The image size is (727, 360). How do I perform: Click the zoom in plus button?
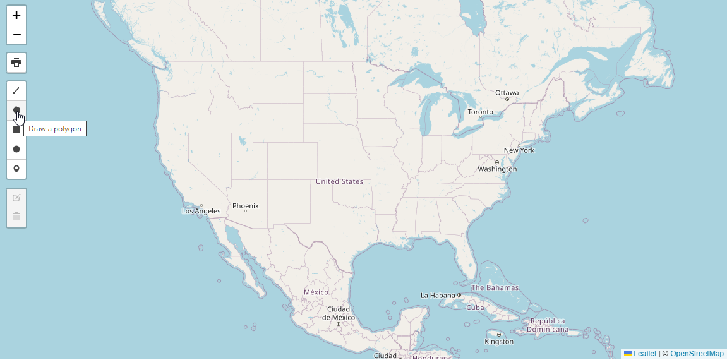pyautogui.click(x=16, y=15)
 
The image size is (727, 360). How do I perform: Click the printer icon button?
pyautogui.click(x=16, y=63)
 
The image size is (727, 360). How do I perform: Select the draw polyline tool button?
pyautogui.click(x=16, y=90)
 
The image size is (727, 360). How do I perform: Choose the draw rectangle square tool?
pyautogui.click(x=16, y=129)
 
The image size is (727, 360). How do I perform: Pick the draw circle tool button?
pyautogui.click(x=16, y=149)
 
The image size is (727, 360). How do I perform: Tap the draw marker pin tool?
pyautogui.click(x=16, y=169)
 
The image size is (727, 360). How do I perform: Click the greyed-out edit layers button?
pyautogui.click(x=16, y=198)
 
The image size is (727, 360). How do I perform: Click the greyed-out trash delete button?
pyautogui.click(x=16, y=217)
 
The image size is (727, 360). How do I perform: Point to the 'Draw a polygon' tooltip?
pyautogui.click(x=55, y=129)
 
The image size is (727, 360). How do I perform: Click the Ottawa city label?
pyautogui.click(x=507, y=93)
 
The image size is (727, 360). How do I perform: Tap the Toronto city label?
pyautogui.click(x=480, y=112)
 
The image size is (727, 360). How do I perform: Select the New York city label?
pyautogui.click(x=519, y=150)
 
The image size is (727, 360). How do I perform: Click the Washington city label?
pyautogui.click(x=497, y=169)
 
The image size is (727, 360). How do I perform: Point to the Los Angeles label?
pyautogui.click(x=201, y=211)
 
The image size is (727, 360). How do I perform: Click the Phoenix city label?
pyautogui.click(x=245, y=206)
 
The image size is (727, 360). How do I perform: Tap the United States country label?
pyautogui.click(x=339, y=181)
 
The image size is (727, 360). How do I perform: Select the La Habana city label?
pyautogui.click(x=438, y=296)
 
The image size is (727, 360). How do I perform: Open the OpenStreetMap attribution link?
pyautogui.click(x=697, y=354)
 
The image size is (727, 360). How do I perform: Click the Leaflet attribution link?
pyautogui.click(x=645, y=354)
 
